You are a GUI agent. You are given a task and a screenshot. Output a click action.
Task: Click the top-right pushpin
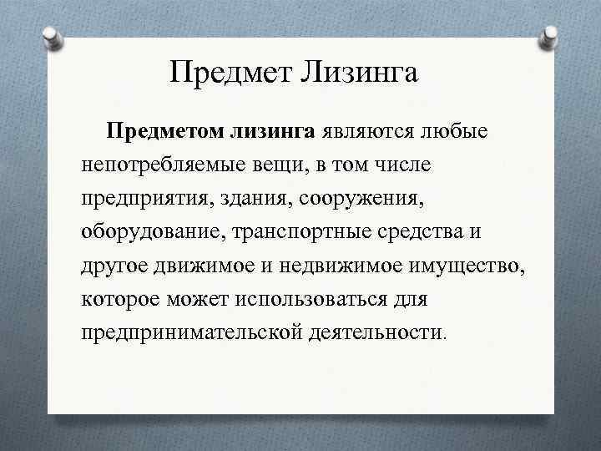coord(550,35)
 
